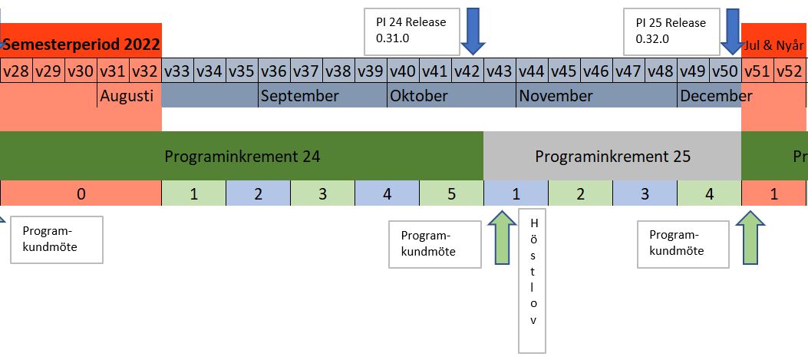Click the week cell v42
467,71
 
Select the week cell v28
16,71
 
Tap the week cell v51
757,71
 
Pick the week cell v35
242,71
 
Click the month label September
299,96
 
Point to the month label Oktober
419,96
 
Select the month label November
556,96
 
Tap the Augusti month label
127,96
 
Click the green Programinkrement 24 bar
242,157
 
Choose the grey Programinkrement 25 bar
612,157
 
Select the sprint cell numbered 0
81,194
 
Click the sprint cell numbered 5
451,194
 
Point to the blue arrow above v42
473,31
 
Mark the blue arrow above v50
732,31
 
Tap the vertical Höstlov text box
533,280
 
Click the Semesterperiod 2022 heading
81,45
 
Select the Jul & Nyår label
774,45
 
